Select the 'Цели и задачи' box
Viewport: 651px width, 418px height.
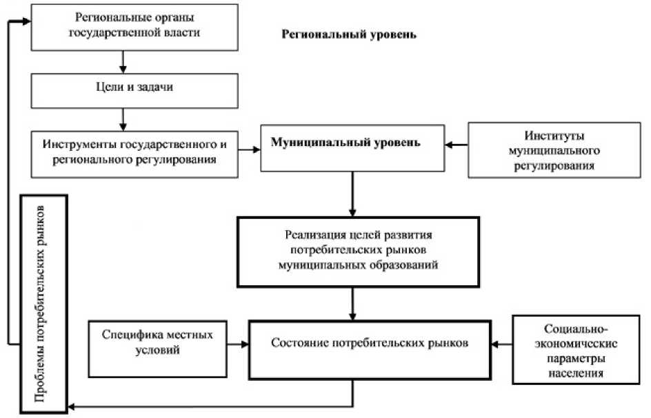[x=134, y=90]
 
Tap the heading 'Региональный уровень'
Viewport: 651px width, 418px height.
[x=350, y=34]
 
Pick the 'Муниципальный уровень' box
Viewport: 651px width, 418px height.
[x=352, y=147]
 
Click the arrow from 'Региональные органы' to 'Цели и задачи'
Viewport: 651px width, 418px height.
[x=123, y=61]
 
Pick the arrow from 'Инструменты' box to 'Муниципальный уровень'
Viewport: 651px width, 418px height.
[x=248, y=147]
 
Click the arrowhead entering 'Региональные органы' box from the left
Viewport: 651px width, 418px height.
[x=28, y=22]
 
